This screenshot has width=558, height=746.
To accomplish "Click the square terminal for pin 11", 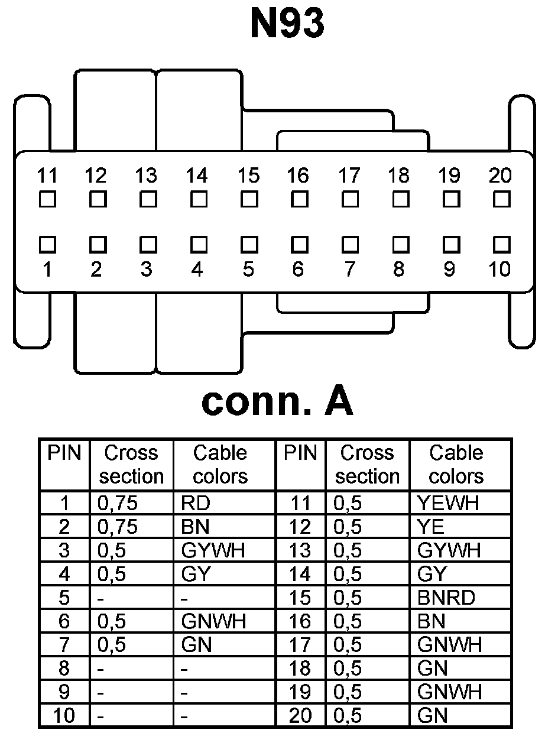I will click(47, 199).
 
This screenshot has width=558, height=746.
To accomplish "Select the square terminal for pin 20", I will click(501, 199).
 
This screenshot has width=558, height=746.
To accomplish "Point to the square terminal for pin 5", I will click(249, 244).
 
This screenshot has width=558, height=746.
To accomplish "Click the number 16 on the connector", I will click(298, 176).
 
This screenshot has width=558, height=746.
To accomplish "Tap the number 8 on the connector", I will click(399, 270).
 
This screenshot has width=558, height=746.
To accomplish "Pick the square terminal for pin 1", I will click(47, 244).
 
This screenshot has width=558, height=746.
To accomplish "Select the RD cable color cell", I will click(196, 503).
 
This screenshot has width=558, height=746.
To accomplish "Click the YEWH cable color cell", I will click(447, 503).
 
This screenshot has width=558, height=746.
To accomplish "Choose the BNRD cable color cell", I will click(446, 598).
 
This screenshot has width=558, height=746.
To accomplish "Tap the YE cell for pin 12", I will click(430, 527).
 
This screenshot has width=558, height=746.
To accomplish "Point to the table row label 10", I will click(64, 716).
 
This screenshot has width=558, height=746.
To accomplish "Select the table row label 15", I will click(300, 598).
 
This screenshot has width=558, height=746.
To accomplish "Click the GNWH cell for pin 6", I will click(213, 621).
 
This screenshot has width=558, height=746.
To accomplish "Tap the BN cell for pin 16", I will click(431, 621).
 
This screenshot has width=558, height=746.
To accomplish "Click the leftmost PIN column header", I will click(64, 453).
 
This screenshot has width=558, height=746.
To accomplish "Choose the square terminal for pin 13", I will click(148, 199).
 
